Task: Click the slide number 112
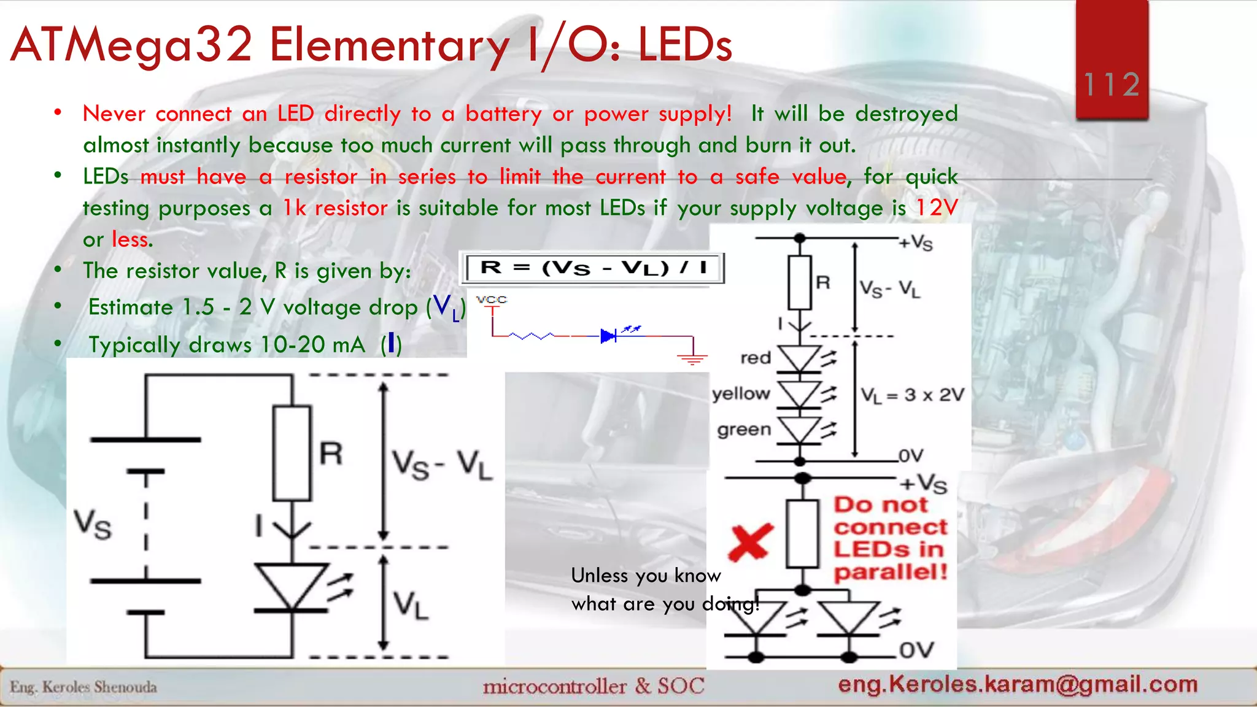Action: (x=1112, y=84)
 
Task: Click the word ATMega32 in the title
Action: (x=132, y=45)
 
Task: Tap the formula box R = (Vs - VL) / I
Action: (x=594, y=268)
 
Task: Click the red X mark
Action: (x=749, y=543)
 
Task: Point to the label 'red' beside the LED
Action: (x=755, y=358)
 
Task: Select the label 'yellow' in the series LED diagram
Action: (x=741, y=393)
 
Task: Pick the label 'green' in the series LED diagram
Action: (x=744, y=429)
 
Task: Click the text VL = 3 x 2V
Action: (x=912, y=395)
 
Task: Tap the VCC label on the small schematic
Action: (x=492, y=299)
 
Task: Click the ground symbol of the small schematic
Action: (x=693, y=359)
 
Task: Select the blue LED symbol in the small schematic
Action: (x=608, y=336)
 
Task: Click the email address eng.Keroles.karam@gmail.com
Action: (x=1018, y=684)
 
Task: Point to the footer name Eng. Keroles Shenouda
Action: (x=83, y=687)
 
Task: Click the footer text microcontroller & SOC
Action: (x=593, y=686)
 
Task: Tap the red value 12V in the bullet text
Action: (x=937, y=207)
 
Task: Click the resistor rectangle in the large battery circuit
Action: (x=292, y=453)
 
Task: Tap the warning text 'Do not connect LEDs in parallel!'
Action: (x=890, y=538)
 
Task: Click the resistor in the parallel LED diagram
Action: (x=802, y=533)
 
